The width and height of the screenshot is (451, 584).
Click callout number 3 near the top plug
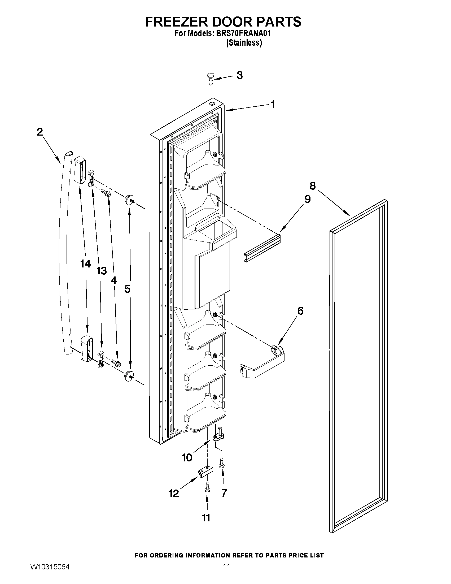pyautogui.click(x=240, y=75)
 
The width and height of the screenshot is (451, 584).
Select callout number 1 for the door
pyautogui.click(x=273, y=104)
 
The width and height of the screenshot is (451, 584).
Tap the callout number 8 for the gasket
pyautogui.click(x=312, y=185)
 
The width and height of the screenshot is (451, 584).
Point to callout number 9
pyautogui.click(x=307, y=199)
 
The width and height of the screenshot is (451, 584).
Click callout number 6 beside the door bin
pyautogui.click(x=300, y=311)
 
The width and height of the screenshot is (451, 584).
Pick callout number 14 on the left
pyautogui.click(x=85, y=264)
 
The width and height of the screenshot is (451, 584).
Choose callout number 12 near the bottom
pyautogui.click(x=174, y=494)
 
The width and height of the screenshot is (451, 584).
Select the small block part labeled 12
pyautogui.click(x=206, y=472)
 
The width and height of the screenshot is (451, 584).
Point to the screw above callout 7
pyautogui.click(x=221, y=463)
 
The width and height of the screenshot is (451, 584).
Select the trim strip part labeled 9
pyautogui.click(x=262, y=249)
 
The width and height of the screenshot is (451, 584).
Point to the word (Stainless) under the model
pyautogui.click(x=244, y=43)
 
